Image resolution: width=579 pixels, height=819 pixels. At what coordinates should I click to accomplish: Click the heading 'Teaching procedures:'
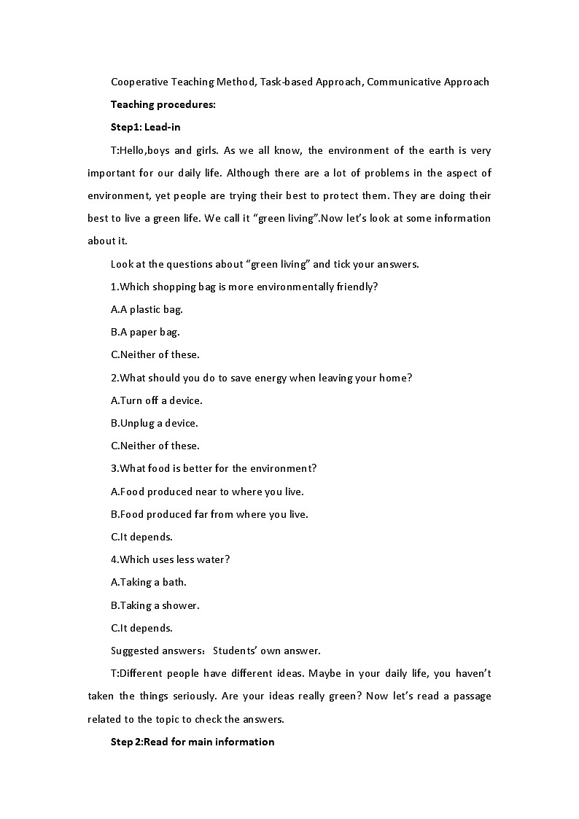tap(163, 104)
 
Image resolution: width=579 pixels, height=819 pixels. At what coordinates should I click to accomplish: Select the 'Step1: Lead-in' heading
tap(145, 127)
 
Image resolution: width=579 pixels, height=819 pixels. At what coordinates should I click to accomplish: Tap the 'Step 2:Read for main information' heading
tap(193, 742)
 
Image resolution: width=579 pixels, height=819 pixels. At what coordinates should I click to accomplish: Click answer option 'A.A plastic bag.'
tap(147, 309)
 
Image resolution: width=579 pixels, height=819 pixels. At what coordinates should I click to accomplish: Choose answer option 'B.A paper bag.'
tap(145, 332)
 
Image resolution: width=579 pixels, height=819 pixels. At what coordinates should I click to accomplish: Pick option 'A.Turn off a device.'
tap(156, 400)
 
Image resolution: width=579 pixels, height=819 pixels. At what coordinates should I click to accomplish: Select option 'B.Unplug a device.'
tap(154, 423)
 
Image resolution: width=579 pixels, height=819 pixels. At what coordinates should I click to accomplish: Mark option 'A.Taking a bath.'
tap(148, 582)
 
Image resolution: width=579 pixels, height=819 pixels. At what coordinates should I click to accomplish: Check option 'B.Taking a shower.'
tap(155, 605)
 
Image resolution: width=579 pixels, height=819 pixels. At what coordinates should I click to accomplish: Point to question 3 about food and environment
tap(214, 468)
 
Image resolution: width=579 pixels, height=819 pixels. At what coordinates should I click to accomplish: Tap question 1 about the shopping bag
tap(244, 287)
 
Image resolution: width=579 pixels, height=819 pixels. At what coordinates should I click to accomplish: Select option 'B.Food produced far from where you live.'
tap(209, 514)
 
